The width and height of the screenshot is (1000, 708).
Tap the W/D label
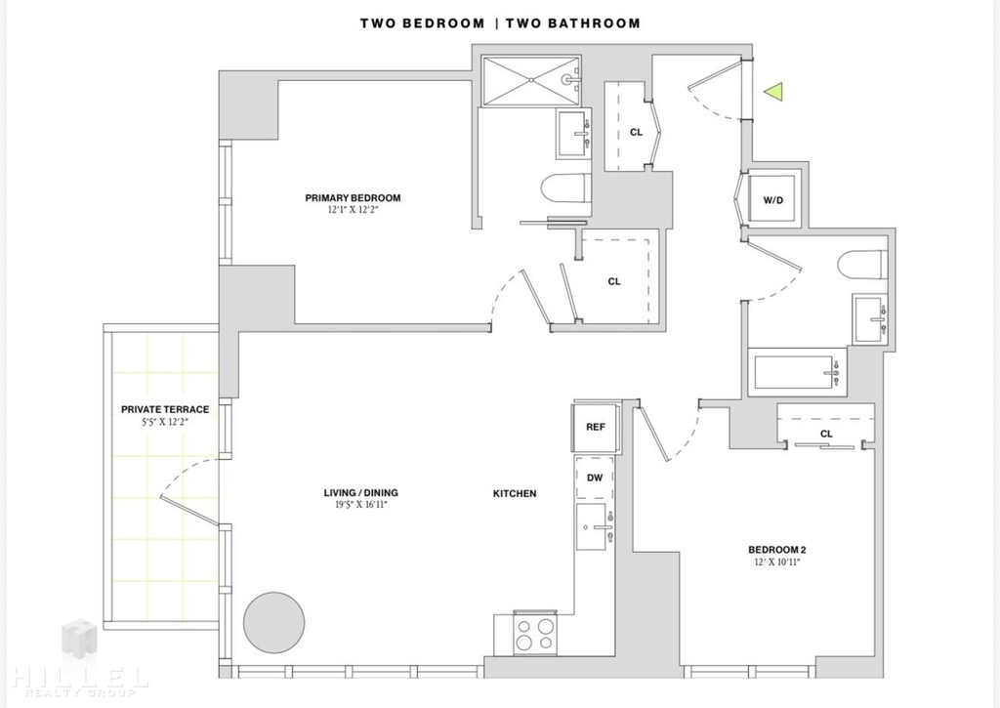(x=773, y=200)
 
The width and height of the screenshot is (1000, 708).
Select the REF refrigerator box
(x=596, y=428)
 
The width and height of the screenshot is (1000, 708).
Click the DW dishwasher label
(x=595, y=478)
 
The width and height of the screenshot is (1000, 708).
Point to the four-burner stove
(x=535, y=634)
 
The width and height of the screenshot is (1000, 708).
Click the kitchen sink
(x=595, y=526)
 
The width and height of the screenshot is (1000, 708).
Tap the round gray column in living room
(x=274, y=622)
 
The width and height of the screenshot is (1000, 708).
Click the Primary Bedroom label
(x=353, y=197)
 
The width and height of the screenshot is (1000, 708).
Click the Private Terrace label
(x=165, y=409)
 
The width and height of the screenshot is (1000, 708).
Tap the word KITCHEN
(x=515, y=494)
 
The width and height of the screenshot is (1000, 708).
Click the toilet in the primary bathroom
(x=565, y=189)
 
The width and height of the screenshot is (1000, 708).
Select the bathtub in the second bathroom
(x=797, y=372)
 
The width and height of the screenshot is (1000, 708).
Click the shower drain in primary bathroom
(x=531, y=80)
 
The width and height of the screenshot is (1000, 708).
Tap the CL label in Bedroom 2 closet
(x=826, y=434)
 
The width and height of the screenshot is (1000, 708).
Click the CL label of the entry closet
(x=636, y=132)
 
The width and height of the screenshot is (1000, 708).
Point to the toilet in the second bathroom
(x=862, y=265)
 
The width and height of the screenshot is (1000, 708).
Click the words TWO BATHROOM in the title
(x=573, y=23)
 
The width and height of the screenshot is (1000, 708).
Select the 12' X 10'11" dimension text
(x=776, y=562)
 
